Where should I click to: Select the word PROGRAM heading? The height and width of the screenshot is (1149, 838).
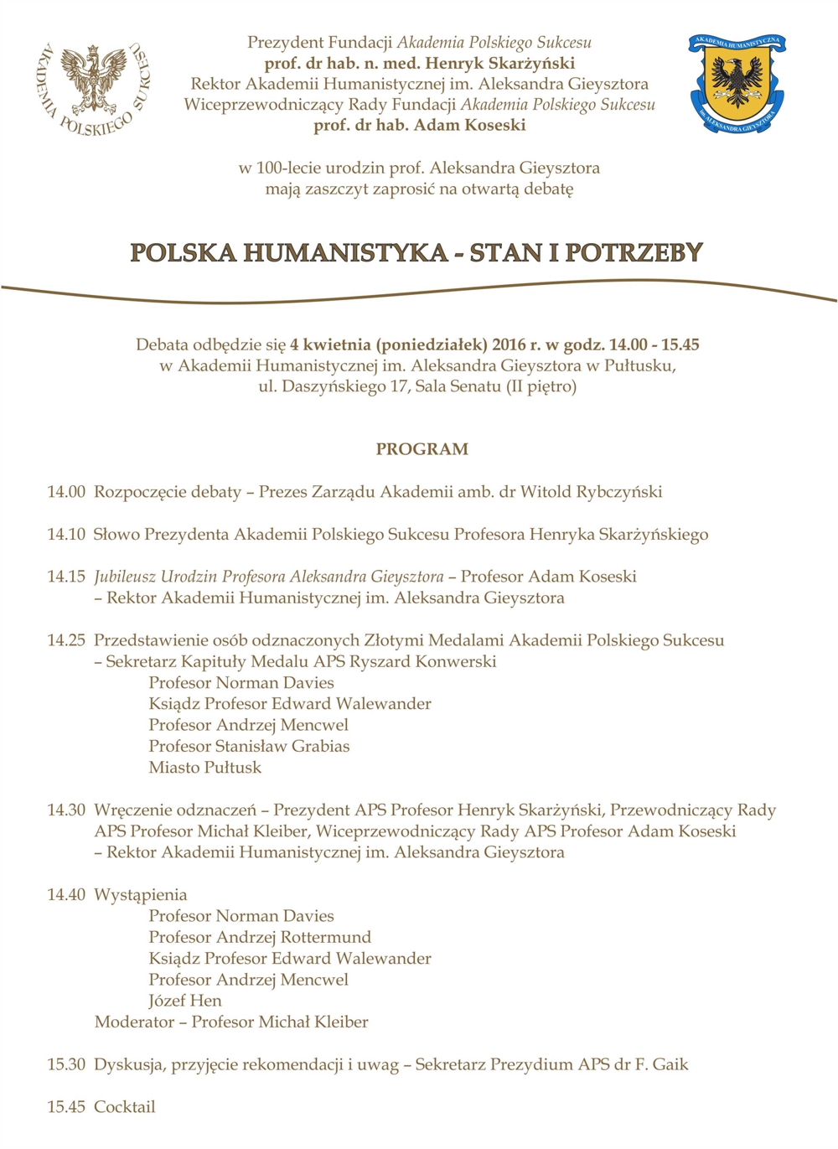pyautogui.click(x=422, y=449)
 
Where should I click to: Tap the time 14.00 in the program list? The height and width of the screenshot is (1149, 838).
pyautogui.click(x=66, y=492)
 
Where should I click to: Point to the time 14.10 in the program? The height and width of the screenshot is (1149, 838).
pyautogui.click(x=66, y=535)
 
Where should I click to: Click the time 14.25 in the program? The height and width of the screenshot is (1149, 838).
pyautogui.click(x=66, y=640)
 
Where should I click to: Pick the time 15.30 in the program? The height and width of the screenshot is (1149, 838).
pyautogui.click(x=66, y=1064)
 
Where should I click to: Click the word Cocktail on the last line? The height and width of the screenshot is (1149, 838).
pyautogui.click(x=124, y=1107)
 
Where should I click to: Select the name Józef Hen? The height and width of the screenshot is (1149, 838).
pyautogui.click(x=185, y=1001)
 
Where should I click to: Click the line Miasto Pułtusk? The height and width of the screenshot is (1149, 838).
pyautogui.click(x=204, y=768)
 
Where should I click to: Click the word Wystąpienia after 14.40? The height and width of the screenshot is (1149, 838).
pyautogui.click(x=140, y=895)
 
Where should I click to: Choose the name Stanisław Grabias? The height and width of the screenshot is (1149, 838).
pyautogui.click(x=282, y=747)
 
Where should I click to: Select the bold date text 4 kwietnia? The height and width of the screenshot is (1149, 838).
pyautogui.click(x=330, y=344)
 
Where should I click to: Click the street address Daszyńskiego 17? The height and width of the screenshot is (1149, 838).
pyautogui.click(x=344, y=387)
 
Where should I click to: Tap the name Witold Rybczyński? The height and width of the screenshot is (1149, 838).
pyautogui.click(x=591, y=492)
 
